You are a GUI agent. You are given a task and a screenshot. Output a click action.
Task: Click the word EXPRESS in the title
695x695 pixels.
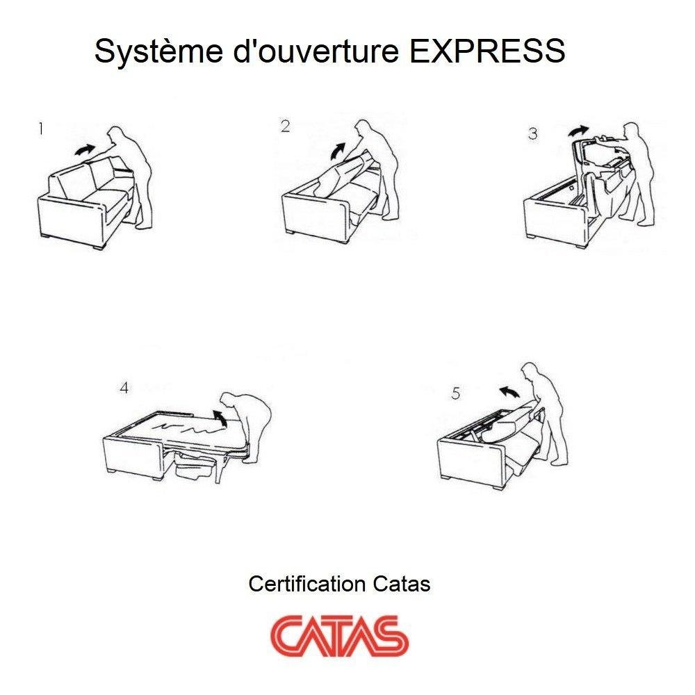click(487, 51)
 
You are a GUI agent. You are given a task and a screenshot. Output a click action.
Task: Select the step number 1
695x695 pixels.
click(42, 129)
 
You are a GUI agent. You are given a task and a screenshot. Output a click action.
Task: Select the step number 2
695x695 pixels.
click(285, 126)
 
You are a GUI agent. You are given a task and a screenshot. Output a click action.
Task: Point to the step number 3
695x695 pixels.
click(532, 133)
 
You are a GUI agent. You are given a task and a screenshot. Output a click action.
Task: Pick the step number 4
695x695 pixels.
click(124, 388)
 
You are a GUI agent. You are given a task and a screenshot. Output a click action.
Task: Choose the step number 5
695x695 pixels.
click(455, 393)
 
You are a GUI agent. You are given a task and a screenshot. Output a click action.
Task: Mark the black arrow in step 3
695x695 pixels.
click(578, 130)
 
